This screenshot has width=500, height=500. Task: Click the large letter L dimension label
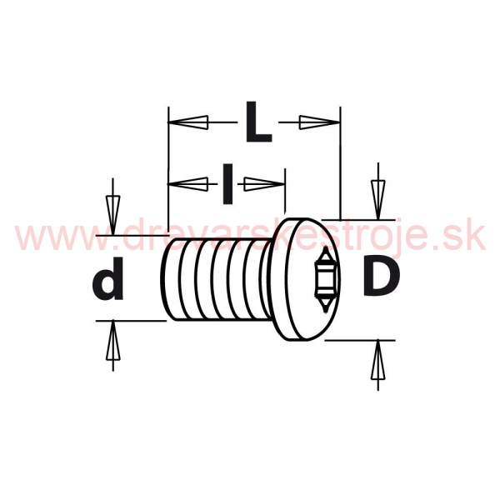pos(258,122)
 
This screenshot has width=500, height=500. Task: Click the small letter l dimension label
pos(227,183)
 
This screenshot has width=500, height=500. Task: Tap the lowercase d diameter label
pos(108,278)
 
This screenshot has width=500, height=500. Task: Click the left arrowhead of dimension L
pos(188,122)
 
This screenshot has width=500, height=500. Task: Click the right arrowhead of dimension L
pos(319,122)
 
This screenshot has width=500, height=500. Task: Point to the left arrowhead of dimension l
pos(188,184)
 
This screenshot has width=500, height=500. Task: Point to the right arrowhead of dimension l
pos(264,184)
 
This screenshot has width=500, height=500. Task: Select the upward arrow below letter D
pos(378,366)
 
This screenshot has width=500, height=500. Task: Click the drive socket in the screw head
pos(325,279)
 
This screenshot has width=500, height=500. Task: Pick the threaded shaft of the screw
pos(217,279)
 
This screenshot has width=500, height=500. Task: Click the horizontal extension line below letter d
pos(132,321)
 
